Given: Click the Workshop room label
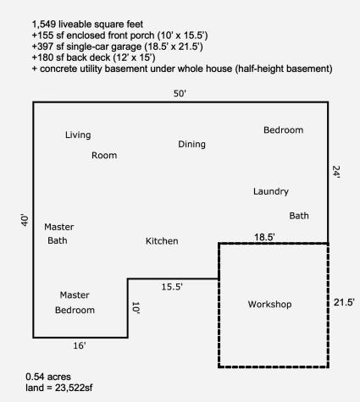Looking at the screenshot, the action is (x=269, y=305).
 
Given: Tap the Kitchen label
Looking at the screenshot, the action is (x=162, y=241).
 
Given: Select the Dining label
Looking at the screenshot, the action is (x=191, y=144).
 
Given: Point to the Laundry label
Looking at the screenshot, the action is (x=271, y=191).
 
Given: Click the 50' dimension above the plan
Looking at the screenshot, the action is (x=180, y=93).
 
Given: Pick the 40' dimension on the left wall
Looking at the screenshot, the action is (x=25, y=221).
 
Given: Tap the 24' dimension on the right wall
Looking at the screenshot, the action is (x=336, y=172).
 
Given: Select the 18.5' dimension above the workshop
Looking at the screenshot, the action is (x=264, y=237).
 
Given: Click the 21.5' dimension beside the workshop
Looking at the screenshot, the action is (x=344, y=302).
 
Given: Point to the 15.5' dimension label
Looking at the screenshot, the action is (x=172, y=287).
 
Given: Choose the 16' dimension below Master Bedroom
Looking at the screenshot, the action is (x=80, y=345).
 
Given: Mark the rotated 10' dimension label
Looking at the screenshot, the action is (x=136, y=307).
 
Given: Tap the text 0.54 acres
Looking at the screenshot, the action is (x=48, y=377).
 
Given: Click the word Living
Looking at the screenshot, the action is (x=78, y=135).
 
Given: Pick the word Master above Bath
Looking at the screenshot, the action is (x=59, y=227).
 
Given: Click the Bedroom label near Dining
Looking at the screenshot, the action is (x=284, y=130).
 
